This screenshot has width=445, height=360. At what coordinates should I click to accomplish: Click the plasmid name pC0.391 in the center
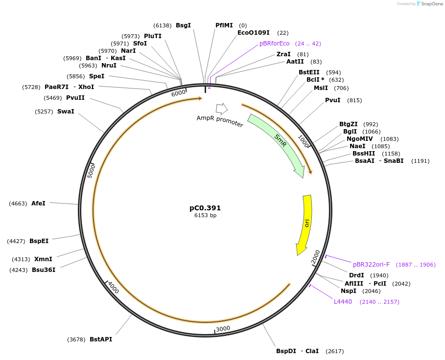click(205, 208)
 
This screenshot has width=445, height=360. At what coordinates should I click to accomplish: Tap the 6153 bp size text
click(205, 216)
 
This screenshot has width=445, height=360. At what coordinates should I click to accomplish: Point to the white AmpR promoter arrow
click(221, 109)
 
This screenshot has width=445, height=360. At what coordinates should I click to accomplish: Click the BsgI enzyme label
click(183, 25)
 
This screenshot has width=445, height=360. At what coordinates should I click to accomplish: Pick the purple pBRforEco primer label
click(274, 44)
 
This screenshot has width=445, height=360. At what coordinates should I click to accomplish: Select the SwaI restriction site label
click(66, 112)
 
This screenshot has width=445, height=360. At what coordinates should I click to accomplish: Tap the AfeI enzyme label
click(38, 203)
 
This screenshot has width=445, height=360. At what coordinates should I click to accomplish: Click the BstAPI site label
click(101, 339)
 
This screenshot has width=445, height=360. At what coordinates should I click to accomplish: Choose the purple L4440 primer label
click(343, 302)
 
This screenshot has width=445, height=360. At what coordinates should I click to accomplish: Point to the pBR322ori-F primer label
click(371, 265)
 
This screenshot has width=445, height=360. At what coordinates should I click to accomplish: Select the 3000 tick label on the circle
click(223, 328)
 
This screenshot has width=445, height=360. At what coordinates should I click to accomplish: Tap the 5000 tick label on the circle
click(91, 171)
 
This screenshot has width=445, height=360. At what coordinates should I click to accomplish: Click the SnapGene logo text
click(432, 4)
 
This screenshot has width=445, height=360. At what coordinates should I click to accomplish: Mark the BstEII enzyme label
click(309, 72)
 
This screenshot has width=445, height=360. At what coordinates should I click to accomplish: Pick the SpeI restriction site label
click(96, 76)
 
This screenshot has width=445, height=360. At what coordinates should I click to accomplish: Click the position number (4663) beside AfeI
click(18, 203)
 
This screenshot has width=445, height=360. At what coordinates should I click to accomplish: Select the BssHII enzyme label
click(364, 154)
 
